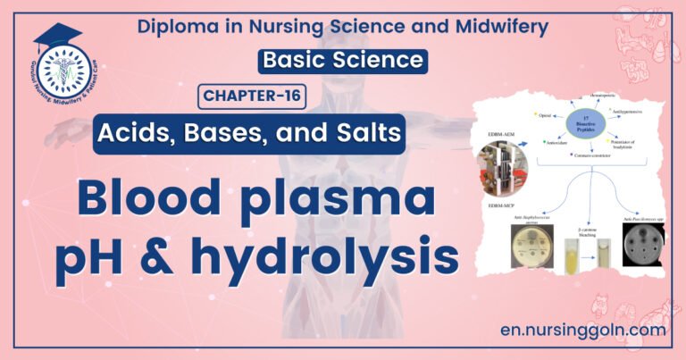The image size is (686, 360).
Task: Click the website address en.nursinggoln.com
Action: click(x=584, y=330)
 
